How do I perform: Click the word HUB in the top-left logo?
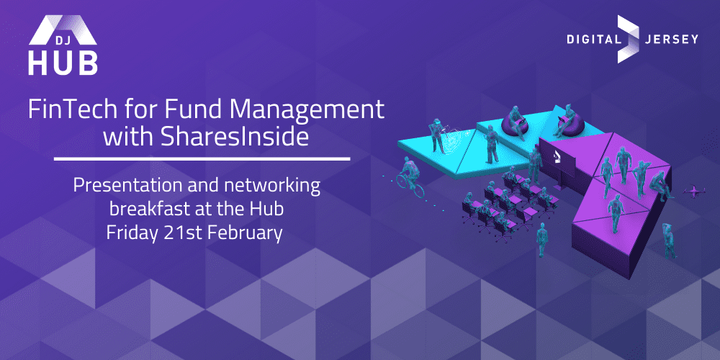(x=63, y=63)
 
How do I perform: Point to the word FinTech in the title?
(x=64, y=109)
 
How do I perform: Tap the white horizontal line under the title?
(x=202, y=159)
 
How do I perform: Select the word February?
(x=246, y=233)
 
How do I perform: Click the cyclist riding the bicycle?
(x=410, y=172)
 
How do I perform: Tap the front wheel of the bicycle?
(x=418, y=189)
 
